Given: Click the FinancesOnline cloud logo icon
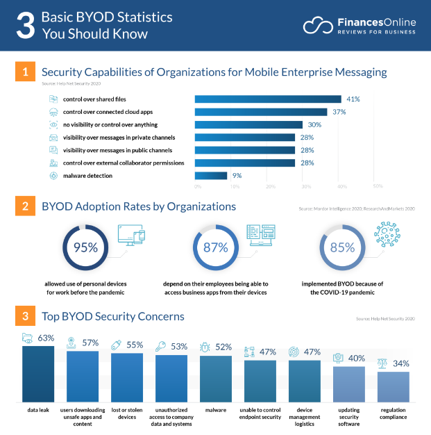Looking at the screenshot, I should [x=317, y=25].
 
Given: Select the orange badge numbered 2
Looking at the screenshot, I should [x=24, y=206].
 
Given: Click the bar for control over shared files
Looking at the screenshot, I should [x=267, y=99].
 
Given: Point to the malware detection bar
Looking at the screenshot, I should [x=210, y=176].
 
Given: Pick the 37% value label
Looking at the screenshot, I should [x=338, y=112].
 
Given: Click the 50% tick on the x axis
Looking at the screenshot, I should [x=378, y=186].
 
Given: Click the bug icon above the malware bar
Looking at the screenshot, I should [x=205, y=345].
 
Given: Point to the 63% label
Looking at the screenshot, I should [x=46, y=338].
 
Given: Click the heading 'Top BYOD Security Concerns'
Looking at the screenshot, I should [x=113, y=316].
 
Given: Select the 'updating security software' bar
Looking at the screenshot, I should [x=348, y=384].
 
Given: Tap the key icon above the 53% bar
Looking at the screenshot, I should [x=160, y=346].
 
